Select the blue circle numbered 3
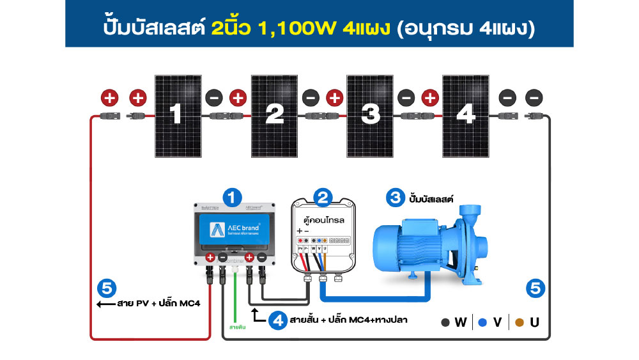click(394, 198)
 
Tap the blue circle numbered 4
click(277, 320)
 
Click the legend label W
click(460, 322)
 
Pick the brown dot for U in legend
click(519, 322)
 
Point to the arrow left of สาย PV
click(104, 304)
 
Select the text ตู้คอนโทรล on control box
click(325, 219)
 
